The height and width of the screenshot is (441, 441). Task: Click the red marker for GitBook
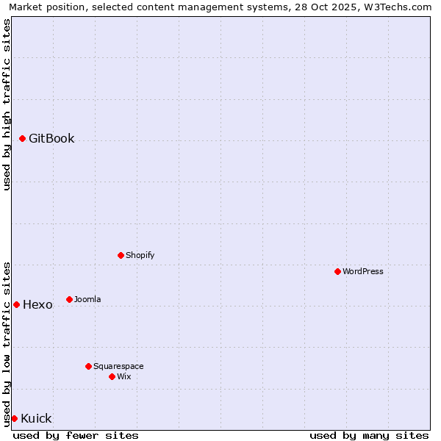click(22, 138)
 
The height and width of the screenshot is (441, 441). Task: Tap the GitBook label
click(51, 138)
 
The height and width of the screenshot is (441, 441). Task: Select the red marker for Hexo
click(16, 304)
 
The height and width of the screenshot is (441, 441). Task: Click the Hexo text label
click(37, 304)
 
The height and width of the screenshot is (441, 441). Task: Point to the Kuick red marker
click(14, 418)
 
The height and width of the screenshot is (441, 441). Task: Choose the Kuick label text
click(36, 418)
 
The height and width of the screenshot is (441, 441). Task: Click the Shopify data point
click(121, 255)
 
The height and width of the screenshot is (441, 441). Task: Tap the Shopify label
click(140, 255)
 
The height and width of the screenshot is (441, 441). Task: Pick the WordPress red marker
click(337, 271)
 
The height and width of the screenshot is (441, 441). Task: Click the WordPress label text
click(363, 271)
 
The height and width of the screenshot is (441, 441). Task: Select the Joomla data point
click(69, 299)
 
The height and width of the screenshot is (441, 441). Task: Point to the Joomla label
click(87, 299)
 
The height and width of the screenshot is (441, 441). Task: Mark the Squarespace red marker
click(88, 366)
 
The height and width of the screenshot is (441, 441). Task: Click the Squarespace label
click(118, 366)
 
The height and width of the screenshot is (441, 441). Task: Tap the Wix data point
click(112, 376)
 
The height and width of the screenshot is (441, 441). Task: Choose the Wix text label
click(124, 376)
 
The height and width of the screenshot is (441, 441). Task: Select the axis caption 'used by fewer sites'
click(76, 435)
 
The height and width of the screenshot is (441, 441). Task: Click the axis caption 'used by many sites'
click(369, 435)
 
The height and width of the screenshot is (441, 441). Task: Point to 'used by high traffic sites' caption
click(7, 104)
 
